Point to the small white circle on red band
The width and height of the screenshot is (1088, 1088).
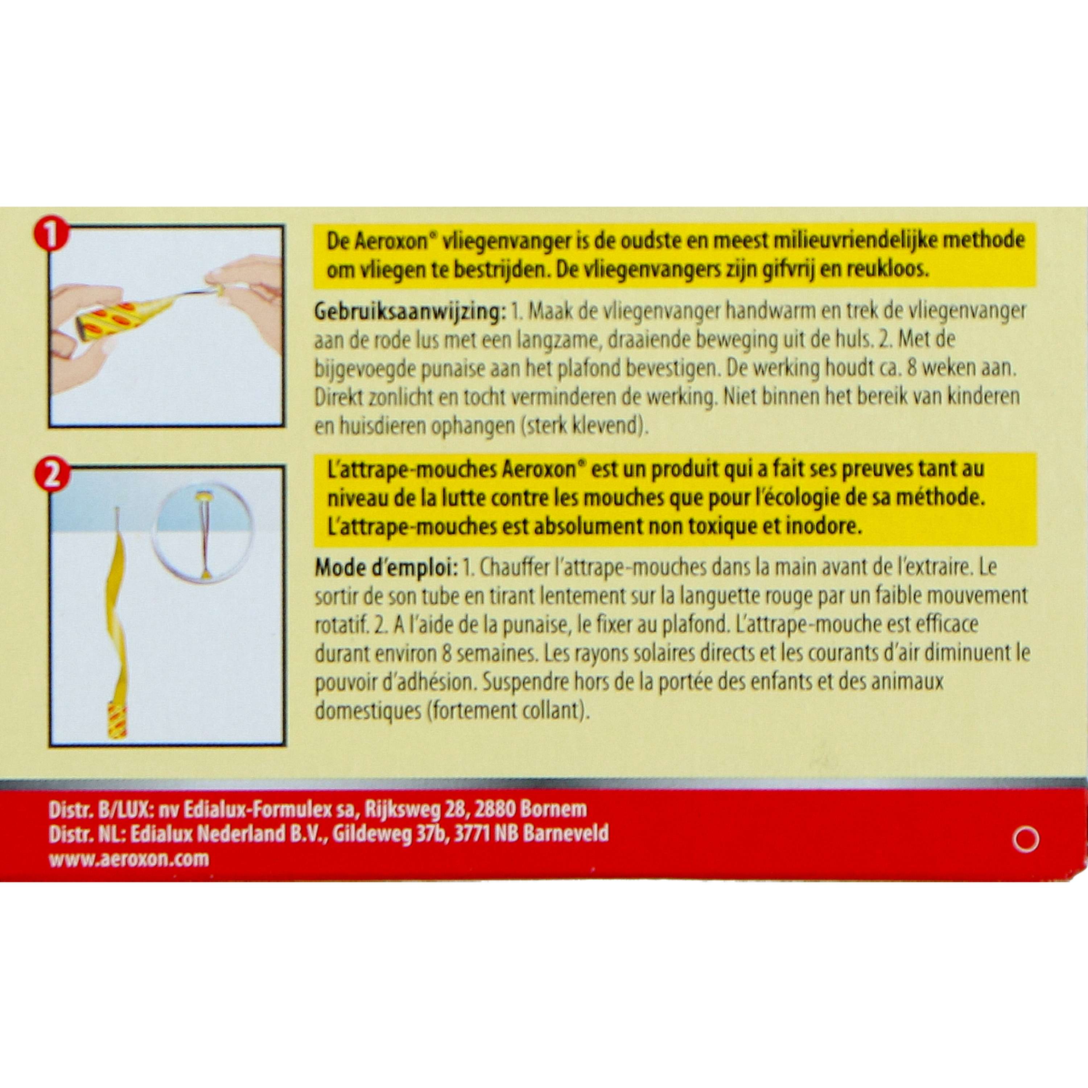[1026, 841]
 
